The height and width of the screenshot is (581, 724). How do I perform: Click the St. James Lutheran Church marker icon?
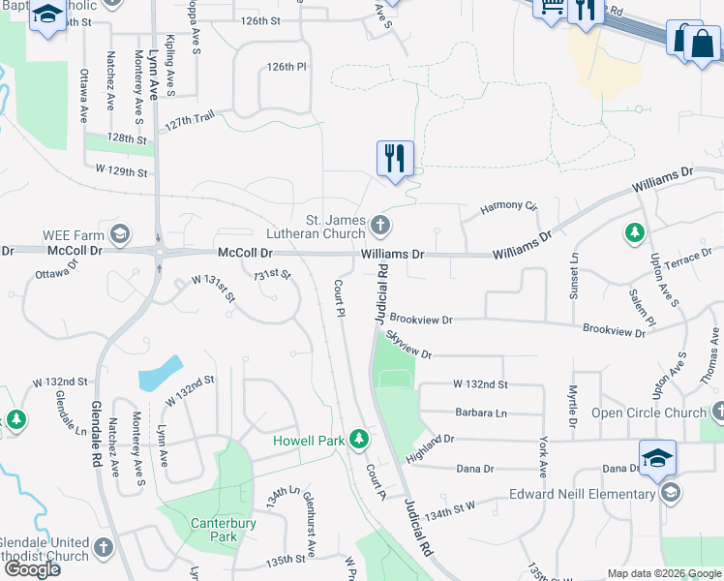[x=380, y=227]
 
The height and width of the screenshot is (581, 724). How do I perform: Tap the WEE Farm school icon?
[x=119, y=233]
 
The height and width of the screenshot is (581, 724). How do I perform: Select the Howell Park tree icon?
[x=359, y=440]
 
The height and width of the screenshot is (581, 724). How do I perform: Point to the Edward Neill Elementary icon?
[x=669, y=494]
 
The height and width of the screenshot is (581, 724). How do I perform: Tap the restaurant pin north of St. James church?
[x=395, y=158]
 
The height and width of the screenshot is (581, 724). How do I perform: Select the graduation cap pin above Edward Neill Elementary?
[x=657, y=457]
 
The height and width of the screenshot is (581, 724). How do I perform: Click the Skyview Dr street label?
[x=408, y=343]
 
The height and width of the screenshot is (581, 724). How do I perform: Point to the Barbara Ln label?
[x=481, y=413]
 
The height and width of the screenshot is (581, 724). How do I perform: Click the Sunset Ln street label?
[x=575, y=276]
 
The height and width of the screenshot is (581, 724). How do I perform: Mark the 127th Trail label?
[x=191, y=120]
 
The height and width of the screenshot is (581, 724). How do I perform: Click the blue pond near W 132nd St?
[x=161, y=372]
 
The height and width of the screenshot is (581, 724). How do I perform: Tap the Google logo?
[x=32, y=568]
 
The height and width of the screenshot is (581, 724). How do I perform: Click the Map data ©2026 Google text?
[x=664, y=573]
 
